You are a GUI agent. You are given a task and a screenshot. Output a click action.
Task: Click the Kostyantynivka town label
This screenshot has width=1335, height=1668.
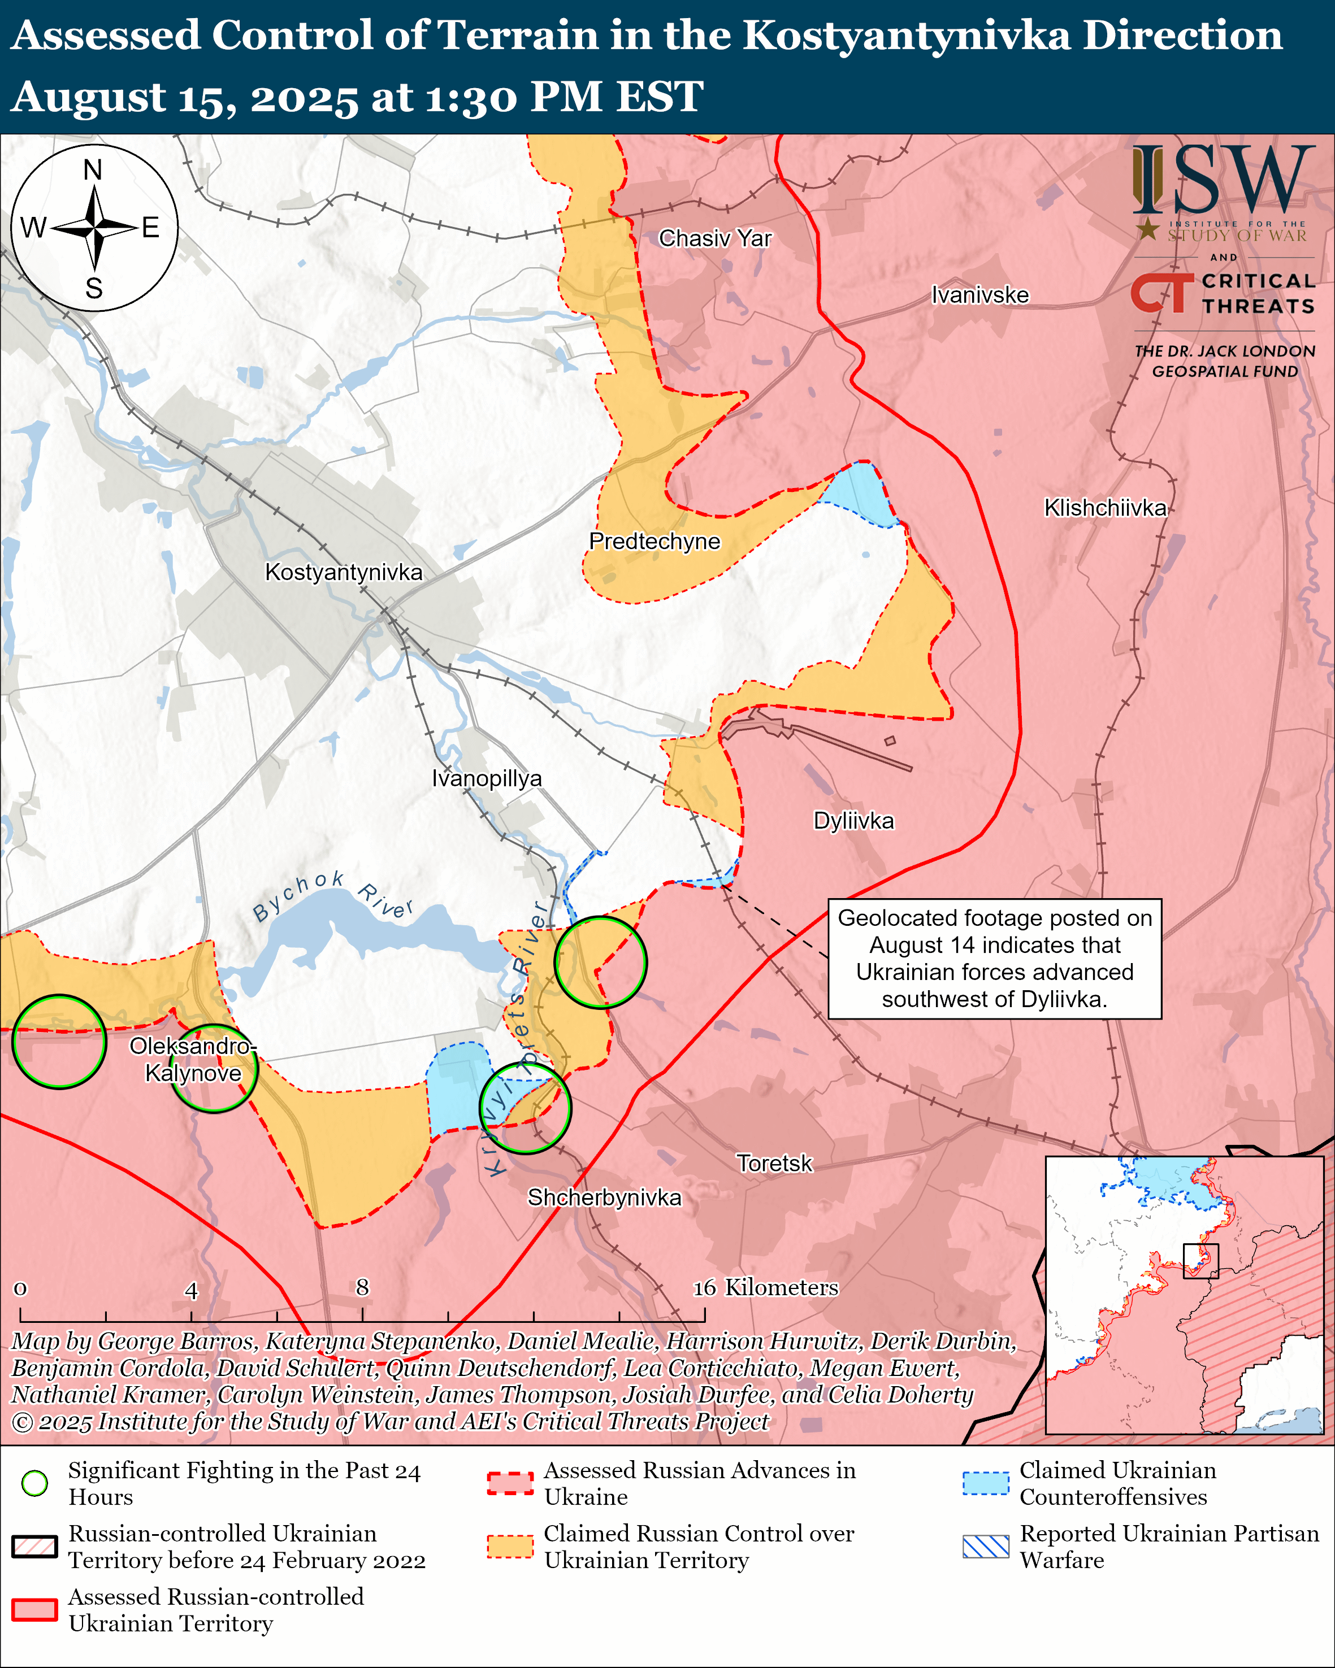coord(344,573)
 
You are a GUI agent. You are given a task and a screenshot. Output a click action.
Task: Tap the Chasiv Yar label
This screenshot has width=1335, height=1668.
coord(714,238)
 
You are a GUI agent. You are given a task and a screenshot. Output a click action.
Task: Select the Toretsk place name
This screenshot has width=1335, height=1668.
coord(774,1164)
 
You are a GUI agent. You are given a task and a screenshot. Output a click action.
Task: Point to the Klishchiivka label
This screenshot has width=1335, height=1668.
coord(1104,508)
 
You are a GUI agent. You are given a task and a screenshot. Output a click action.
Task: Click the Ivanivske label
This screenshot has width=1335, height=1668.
coord(980,295)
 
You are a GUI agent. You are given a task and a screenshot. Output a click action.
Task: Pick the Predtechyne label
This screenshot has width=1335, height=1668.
coord(654,542)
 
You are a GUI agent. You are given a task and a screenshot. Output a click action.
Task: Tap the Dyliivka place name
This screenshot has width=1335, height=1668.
coord(853,821)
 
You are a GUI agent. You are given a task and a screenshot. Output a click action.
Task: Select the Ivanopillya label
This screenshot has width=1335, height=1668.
coord(486,778)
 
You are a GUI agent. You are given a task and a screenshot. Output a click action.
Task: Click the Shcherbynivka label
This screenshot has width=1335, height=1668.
coord(604,1197)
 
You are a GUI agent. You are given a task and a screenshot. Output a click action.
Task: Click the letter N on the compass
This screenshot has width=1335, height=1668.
coord(93,169)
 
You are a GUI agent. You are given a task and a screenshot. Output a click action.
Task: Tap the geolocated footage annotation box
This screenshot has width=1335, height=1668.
coord(995,959)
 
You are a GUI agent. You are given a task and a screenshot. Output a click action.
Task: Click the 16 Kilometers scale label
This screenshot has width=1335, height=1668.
coord(765,1287)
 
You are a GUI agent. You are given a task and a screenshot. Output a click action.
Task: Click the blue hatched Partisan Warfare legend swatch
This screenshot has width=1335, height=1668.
coord(985,1547)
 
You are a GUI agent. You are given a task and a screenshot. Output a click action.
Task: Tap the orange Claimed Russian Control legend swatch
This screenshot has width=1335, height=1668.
coord(510,1547)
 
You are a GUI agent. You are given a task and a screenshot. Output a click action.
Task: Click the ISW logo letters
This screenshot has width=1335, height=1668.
coord(1223,180)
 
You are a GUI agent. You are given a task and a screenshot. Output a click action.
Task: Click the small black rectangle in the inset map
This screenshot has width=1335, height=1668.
coord(1200,1261)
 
